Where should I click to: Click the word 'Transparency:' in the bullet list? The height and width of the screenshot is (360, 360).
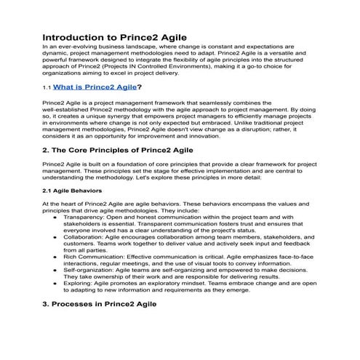[83, 217]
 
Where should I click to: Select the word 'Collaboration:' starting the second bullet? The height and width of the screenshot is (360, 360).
[84, 237]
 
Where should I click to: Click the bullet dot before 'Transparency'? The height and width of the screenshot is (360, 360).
[56, 217]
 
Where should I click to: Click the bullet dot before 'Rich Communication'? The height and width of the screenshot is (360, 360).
[56, 257]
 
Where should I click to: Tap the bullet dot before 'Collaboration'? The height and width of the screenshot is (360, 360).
[56, 237]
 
